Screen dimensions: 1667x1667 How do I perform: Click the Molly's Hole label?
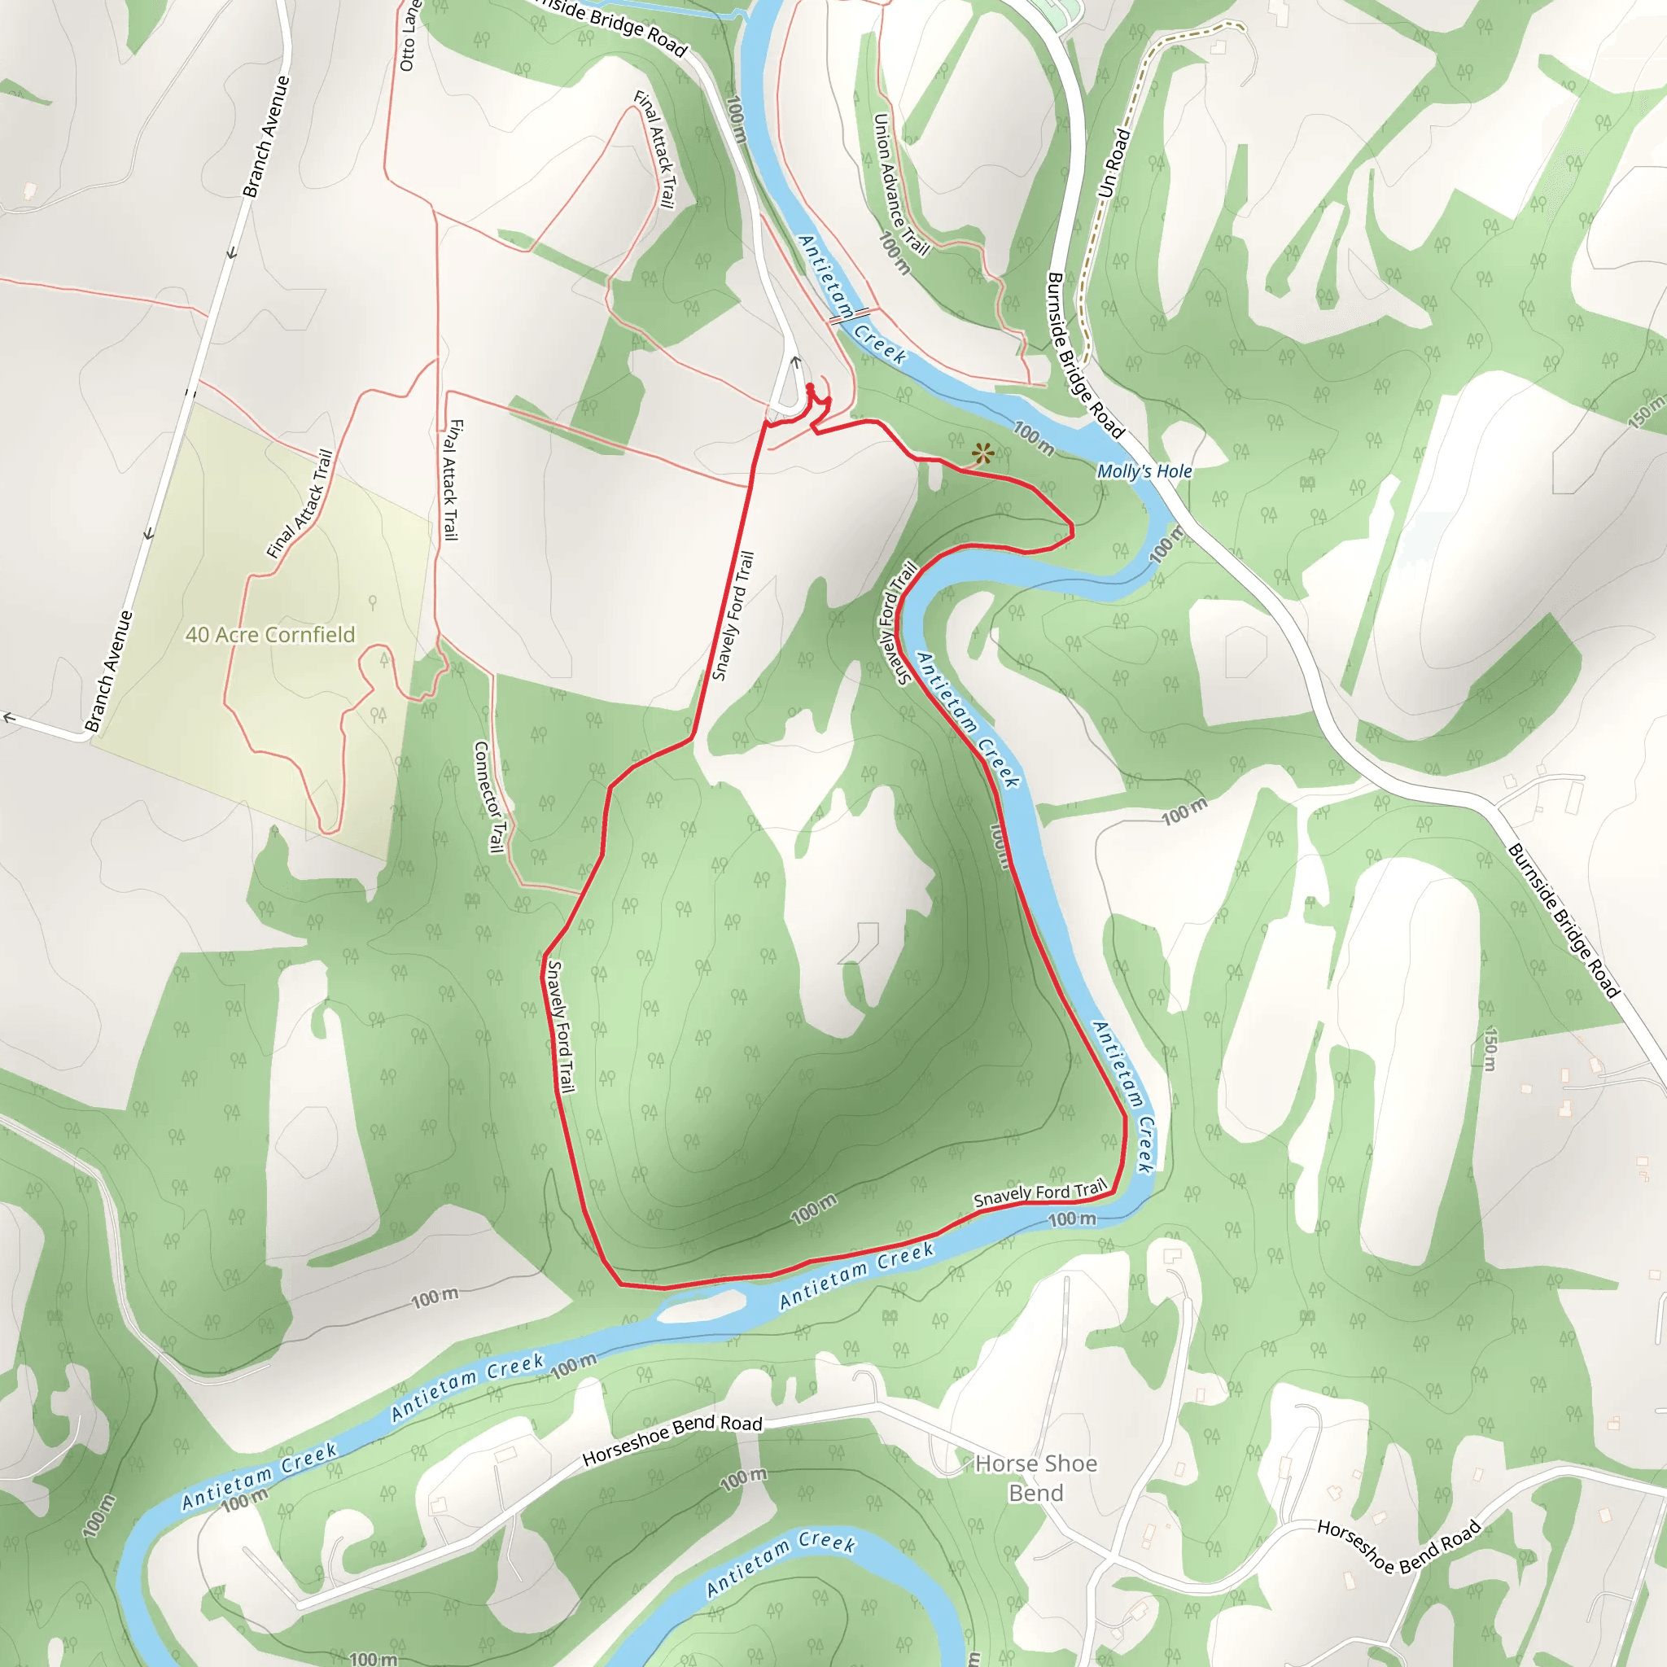pyautogui.click(x=1144, y=471)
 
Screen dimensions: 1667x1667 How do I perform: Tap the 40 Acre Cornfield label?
pyautogui.click(x=270, y=635)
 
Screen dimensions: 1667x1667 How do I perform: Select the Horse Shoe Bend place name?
pyautogui.click(x=1035, y=1478)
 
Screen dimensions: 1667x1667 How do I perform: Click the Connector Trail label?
pyautogui.click(x=490, y=796)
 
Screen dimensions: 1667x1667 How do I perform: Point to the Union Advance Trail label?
pyautogui.click(x=901, y=185)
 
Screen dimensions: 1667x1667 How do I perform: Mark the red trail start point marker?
pyautogui.click(x=810, y=387)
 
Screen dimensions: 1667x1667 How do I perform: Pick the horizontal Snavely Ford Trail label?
pyautogui.click(x=1039, y=1193)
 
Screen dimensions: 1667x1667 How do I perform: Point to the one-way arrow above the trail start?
pyautogui.click(x=796, y=363)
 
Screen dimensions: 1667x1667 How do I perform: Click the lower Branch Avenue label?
pyautogui.click(x=110, y=672)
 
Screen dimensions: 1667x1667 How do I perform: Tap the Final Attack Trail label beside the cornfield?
pyautogui.click(x=300, y=504)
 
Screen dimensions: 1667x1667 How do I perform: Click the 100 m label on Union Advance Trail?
pyautogui.click(x=894, y=252)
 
